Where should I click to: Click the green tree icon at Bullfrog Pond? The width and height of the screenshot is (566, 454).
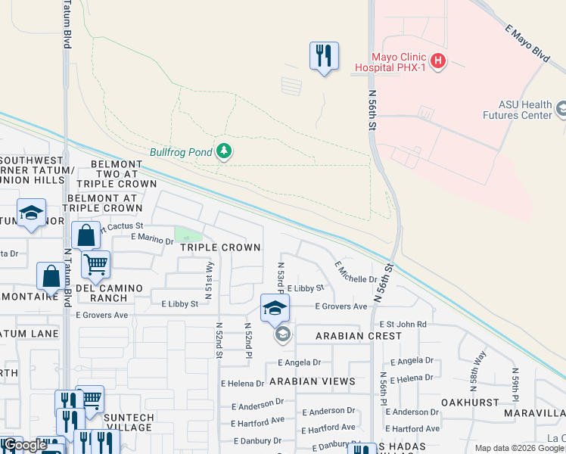click(223, 151)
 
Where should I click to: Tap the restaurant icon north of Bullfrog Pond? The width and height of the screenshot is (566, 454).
click(324, 56)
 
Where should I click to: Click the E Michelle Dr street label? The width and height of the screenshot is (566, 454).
click(356, 273)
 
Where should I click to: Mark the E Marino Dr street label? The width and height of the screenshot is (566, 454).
click(152, 238)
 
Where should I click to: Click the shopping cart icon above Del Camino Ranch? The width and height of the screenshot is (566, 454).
click(95, 265)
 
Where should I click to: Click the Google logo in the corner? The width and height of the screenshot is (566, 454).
click(24, 445)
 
